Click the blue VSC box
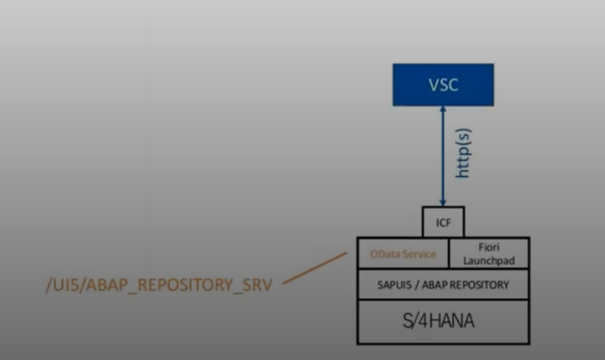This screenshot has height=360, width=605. (443, 85)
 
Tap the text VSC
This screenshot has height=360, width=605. (443, 85)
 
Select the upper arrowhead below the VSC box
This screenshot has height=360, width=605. (443, 111)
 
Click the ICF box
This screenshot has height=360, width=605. (443, 222)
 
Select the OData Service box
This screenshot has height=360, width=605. (403, 254)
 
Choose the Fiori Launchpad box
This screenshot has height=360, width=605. (489, 254)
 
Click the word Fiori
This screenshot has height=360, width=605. (489, 248)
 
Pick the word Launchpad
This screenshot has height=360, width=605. (489, 260)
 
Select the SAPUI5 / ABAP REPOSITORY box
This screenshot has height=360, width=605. (443, 284)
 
